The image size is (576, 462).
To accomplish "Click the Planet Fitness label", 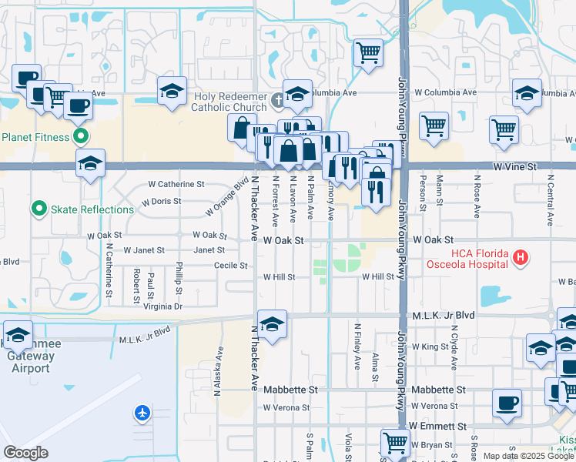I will coord(36,138).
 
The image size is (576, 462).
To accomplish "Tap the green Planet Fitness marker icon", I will coord(80,138).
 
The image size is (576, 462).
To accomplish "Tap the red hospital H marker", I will coord(521,258).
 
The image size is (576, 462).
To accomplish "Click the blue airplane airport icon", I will coord(142,413).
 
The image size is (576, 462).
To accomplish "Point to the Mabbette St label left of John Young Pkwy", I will coord(291,390).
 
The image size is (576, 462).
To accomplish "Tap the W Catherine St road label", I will coord(176,185).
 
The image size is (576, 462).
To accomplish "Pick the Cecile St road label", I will coord(231,266).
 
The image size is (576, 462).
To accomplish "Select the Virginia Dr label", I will coord(162,306).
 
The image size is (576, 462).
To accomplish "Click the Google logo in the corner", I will coord(26,453).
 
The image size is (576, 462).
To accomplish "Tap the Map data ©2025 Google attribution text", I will coord(527,456).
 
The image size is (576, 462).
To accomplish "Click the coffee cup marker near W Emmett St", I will coord(507,403).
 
